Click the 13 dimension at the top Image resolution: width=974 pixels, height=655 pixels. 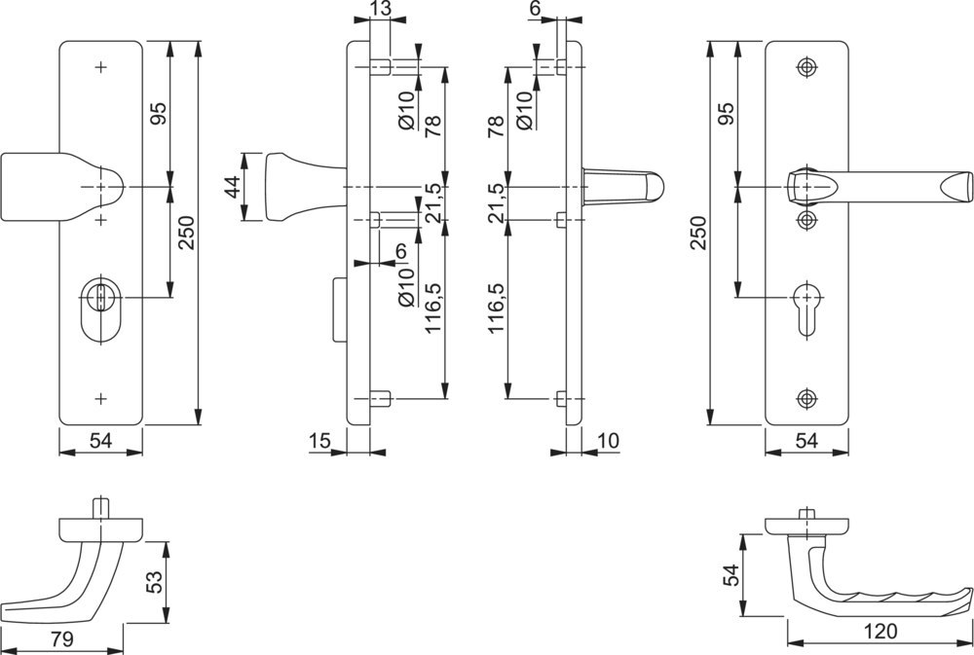[381, 10]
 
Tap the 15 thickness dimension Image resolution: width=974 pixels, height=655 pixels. [318, 442]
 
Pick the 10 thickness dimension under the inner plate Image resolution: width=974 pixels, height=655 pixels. [607, 442]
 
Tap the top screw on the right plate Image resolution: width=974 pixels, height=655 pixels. [805, 67]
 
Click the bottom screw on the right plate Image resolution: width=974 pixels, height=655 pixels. [805, 398]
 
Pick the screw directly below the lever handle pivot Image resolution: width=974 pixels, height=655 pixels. [805, 219]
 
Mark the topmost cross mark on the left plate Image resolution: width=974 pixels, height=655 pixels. [101, 67]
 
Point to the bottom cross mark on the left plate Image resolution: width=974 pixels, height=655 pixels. [101, 398]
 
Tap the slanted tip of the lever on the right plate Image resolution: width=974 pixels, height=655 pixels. [958, 184]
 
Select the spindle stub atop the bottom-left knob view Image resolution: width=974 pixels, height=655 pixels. [100, 508]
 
